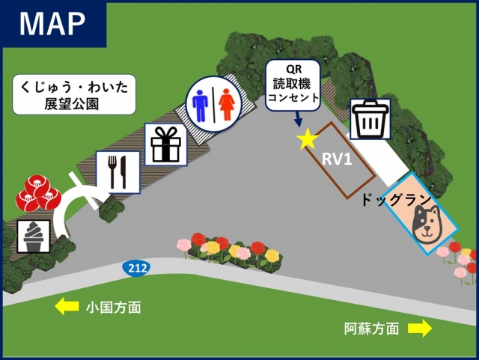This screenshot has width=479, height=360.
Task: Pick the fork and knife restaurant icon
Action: pyautogui.click(x=118, y=171)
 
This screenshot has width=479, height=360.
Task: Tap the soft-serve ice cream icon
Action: pyautogui.click(x=34, y=237)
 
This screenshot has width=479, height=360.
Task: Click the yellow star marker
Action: pyautogui.click(x=306, y=140)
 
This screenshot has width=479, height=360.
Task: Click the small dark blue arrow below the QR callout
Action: pyautogui.click(x=299, y=118)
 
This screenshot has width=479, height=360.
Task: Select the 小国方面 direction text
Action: pyautogui.click(x=113, y=307)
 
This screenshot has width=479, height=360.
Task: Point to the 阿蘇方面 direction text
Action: pyautogui.click(x=372, y=328)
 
